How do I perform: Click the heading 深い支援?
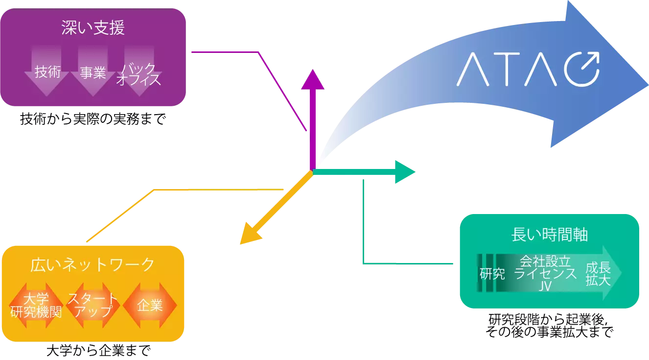93,28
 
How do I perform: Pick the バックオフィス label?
139,74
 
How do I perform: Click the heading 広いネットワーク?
93,265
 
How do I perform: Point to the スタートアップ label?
93,304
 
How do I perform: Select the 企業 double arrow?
150,306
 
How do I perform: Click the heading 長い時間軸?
549,235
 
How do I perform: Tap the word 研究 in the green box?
492,274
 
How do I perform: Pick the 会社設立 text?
545,261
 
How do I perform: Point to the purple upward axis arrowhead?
312,79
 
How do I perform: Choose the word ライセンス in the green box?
545,274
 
